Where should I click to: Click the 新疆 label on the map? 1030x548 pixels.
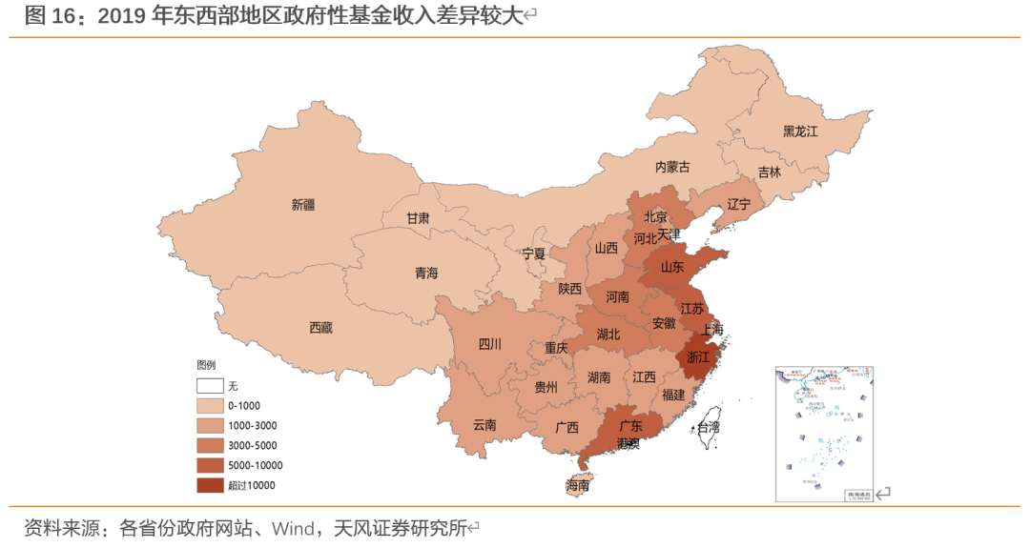[x=303, y=204]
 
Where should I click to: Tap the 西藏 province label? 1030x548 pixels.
[x=321, y=328]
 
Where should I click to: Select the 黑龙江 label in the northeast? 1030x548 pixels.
[x=800, y=132]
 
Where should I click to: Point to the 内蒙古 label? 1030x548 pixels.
[x=672, y=167]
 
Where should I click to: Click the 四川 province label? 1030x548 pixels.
[x=489, y=344]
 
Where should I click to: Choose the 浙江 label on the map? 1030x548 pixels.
[x=698, y=357]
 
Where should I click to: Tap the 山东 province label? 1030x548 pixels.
[x=671, y=268]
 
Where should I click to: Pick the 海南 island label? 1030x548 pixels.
[x=578, y=485]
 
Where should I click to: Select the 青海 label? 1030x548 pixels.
[x=426, y=274]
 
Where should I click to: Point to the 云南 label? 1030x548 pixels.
[x=484, y=425]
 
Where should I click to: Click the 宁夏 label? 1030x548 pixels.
[x=534, y=254]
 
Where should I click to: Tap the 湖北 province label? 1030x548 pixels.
[x=608, y=335]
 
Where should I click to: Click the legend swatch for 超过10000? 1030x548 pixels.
[x=210, y=485]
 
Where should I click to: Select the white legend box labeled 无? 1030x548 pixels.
[x=210, y=386]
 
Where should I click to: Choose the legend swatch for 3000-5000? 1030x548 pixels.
[x=210, y=445]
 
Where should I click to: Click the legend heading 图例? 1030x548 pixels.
[x=206, y=365]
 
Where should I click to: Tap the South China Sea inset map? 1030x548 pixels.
[x=826, y=434]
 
